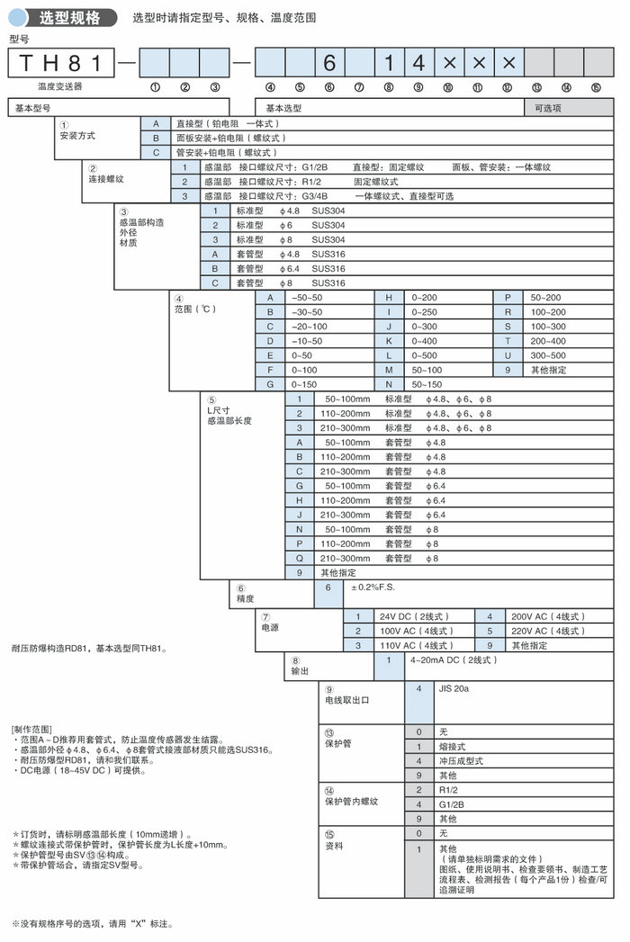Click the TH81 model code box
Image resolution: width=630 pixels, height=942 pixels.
(62, 63)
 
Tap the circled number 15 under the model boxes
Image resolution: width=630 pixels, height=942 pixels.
(596, 87)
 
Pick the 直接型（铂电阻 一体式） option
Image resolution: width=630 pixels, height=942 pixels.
(229, 122)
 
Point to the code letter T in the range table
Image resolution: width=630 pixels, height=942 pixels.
(508, 340)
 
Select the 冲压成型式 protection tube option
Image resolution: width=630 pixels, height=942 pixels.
(461, 760)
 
